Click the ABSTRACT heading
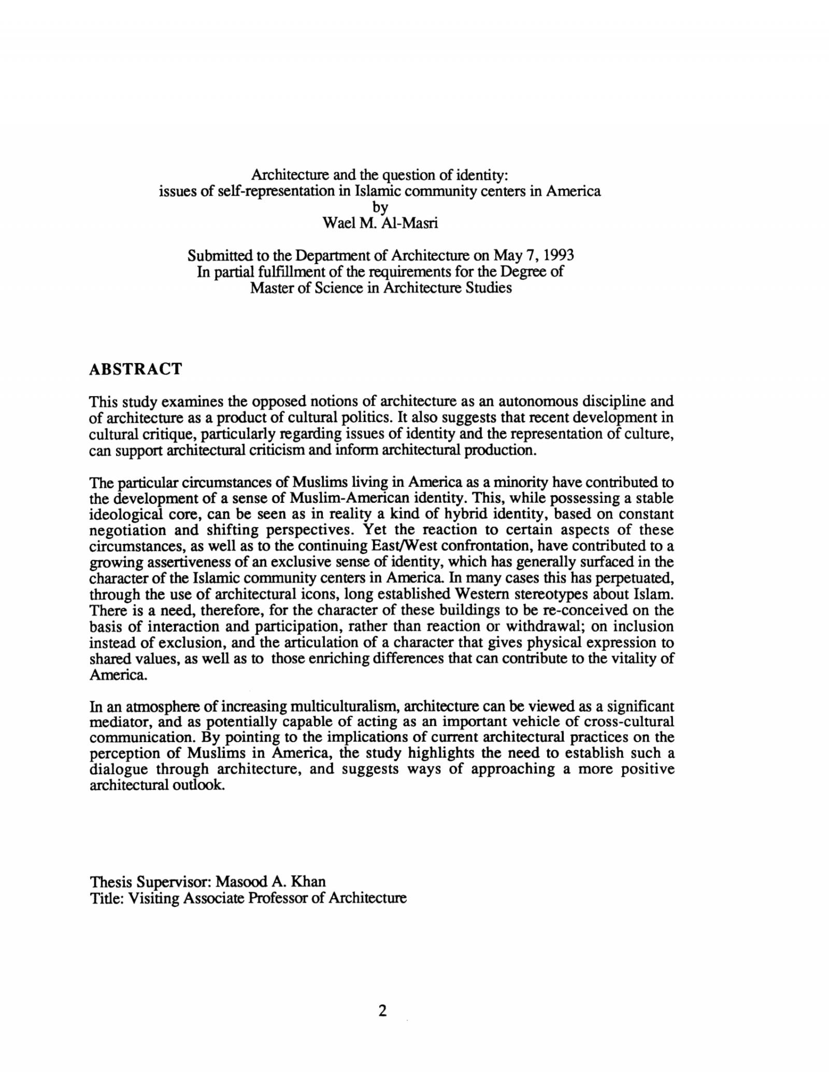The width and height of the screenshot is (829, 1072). [x=136, y=369]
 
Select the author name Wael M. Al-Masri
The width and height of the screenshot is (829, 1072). [x=380, y=223]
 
